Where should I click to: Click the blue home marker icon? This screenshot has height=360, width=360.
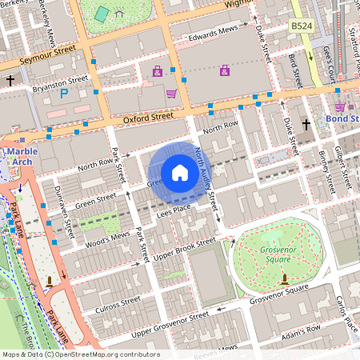[180, 172]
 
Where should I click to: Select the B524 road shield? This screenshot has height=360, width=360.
[301, 26]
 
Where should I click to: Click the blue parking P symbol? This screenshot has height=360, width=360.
[64, 94]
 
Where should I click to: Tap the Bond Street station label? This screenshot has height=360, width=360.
[342, 119]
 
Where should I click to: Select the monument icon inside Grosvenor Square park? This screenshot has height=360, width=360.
[285, 279]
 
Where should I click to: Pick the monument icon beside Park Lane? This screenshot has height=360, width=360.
[50, 280]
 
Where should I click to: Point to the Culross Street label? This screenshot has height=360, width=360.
[118, 303]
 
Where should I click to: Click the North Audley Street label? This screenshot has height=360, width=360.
[206, 185]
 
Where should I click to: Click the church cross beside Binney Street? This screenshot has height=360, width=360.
[306, 125]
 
